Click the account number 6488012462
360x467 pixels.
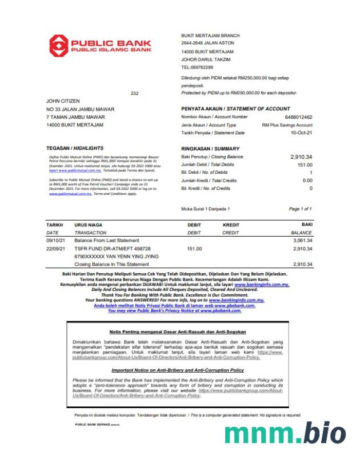click(298, 117)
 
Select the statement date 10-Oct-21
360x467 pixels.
click(302, 133)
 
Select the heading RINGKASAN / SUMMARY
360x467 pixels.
click(210, 149)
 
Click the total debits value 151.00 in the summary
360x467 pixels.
click(304, 165)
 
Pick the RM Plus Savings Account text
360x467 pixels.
click(287, 125)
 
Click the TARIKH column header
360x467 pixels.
click(54, 225)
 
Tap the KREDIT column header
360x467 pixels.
click(230, 225)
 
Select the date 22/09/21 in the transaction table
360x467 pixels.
click(57, 249)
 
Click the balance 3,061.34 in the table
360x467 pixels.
click(302, 241)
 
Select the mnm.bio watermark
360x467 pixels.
click(285, 434)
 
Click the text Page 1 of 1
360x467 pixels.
click(301, 209)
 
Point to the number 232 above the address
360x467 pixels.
click(134, 93)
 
